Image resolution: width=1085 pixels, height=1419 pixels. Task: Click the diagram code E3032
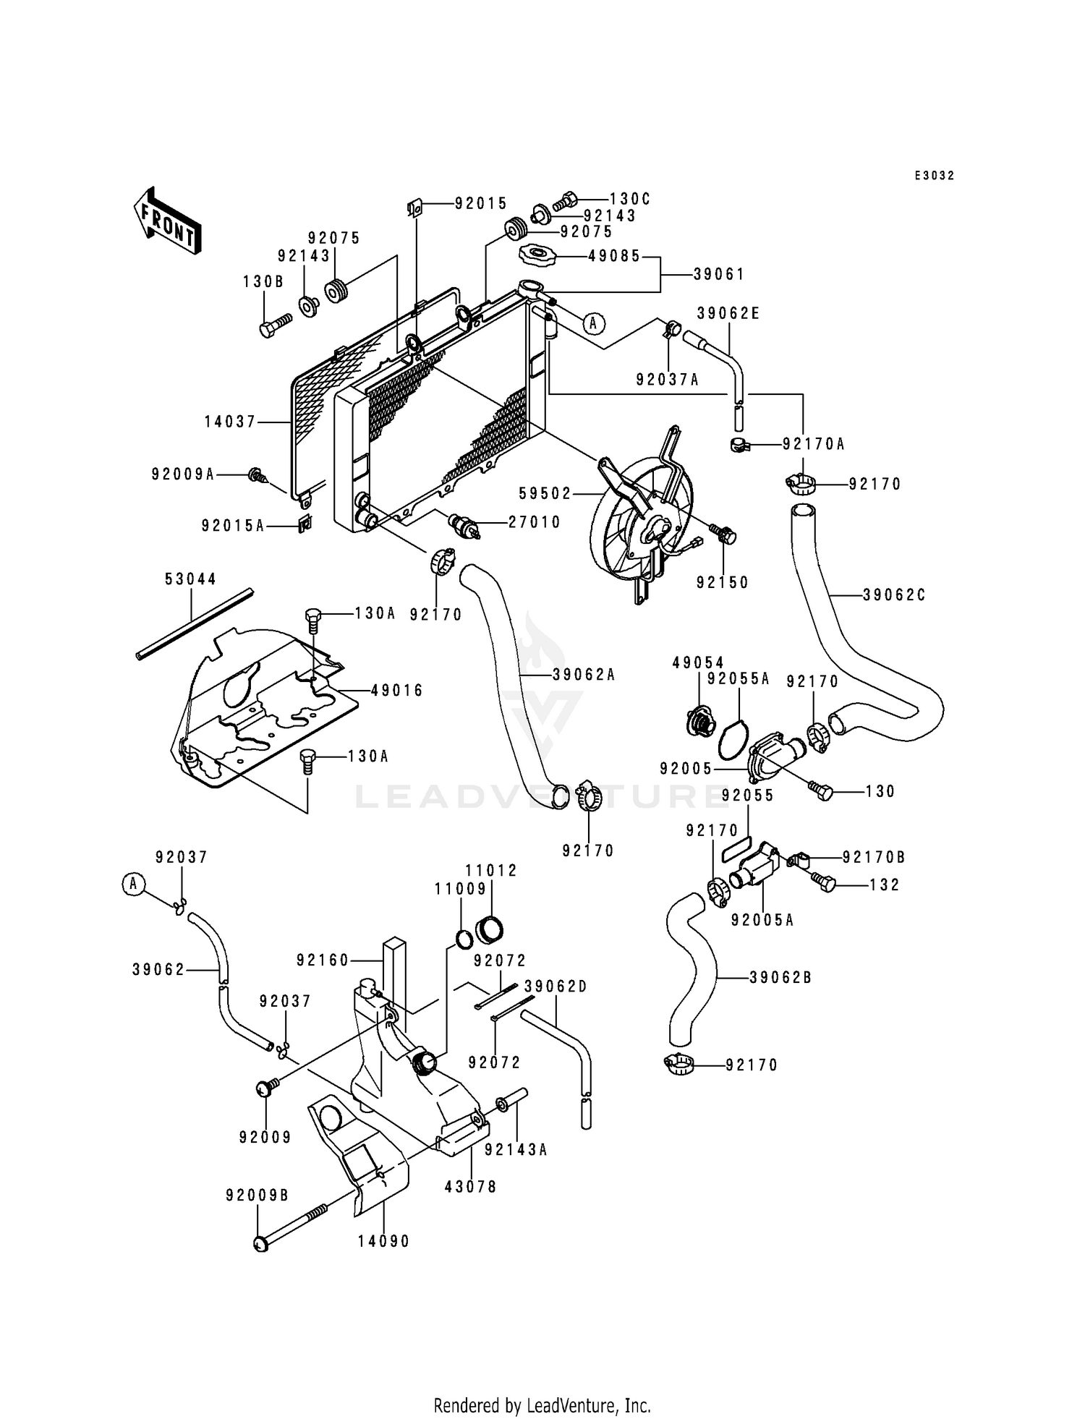(x=935, y=176)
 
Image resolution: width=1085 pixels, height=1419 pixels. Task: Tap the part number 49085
(x=615, y=256)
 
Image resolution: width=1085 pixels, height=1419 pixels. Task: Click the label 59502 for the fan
(x=545, y=494)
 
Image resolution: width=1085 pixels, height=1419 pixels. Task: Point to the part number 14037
(x=231, y=421)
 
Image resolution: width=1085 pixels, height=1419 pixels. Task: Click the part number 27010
(x=535, y=521)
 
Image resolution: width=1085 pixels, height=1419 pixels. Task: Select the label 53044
(x=191, y=579)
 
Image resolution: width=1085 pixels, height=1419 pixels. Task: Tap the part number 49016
(x=397, y=690)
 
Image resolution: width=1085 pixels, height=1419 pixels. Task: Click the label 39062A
(x=584, y=675)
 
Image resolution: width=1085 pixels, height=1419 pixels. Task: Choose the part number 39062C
(x=895, y=595)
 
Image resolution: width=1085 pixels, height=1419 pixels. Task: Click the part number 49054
(x=698, y=662)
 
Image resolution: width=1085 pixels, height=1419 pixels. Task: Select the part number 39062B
(x=780, y=978)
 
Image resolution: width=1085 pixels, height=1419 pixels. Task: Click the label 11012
(x=491, y=871)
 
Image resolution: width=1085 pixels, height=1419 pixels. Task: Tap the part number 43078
(x=471, y=1187)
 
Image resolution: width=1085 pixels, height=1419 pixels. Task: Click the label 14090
(x=383, y=1241)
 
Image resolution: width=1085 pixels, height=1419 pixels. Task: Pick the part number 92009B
(x=258, y=1196)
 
